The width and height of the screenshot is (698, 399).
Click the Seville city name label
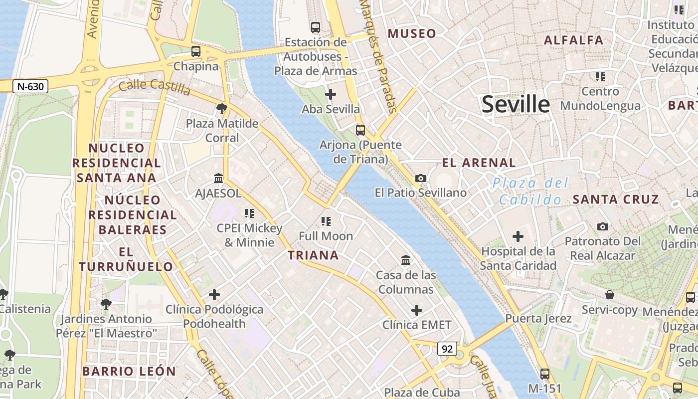516,104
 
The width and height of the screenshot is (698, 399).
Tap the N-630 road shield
30,86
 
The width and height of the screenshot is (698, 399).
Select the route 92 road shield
447,349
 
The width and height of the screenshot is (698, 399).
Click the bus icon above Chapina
196,51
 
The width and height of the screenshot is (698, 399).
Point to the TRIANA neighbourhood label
313,255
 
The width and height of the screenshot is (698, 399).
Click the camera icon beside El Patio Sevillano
421,178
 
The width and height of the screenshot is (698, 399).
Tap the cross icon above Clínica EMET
417,310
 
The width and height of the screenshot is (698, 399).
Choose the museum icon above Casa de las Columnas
406,260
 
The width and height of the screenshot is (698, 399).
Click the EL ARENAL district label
479,163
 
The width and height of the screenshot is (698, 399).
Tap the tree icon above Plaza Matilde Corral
222,108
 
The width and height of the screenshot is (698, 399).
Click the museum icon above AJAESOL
218,178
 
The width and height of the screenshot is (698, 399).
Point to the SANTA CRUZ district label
616,199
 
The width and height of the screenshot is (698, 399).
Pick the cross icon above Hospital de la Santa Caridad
518,236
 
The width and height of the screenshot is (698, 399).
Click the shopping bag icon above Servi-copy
609,295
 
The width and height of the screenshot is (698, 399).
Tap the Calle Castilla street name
155,87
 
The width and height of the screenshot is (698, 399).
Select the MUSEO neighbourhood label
412,33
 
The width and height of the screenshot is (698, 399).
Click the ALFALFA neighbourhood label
573,40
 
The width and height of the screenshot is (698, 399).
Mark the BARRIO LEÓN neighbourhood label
129,371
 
